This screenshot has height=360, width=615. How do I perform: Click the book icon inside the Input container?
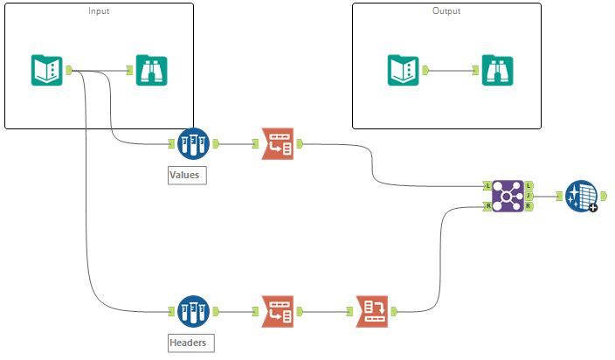click(46, 71)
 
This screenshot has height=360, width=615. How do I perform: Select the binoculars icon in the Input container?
click(151, 71)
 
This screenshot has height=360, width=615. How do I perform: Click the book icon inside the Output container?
click(404, 71)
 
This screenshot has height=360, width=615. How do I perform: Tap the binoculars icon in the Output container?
click(497, 71)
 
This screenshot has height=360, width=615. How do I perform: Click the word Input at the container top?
click(99, 11)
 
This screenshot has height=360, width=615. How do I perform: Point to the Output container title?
click(446, 11)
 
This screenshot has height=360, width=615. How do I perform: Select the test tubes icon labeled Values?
click(193, 144)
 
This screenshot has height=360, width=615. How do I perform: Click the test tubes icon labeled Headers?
click(193, 312)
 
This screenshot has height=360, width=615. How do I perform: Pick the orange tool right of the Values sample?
click(278, 144)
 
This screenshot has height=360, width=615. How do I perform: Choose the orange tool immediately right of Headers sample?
click(278, 312)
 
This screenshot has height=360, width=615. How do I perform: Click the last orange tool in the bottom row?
click(372, 312)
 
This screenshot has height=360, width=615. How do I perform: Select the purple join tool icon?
click(508, 196)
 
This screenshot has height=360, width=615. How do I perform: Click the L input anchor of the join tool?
click(487, 186)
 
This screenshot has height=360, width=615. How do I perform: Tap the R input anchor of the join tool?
click(487, 206)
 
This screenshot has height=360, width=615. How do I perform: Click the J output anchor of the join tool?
click(529, 196)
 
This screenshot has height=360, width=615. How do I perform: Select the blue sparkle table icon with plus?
click(581, 196)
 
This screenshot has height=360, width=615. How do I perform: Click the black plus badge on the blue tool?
click(593, 208)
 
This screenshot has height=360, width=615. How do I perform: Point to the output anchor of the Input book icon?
click(69, 71)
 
